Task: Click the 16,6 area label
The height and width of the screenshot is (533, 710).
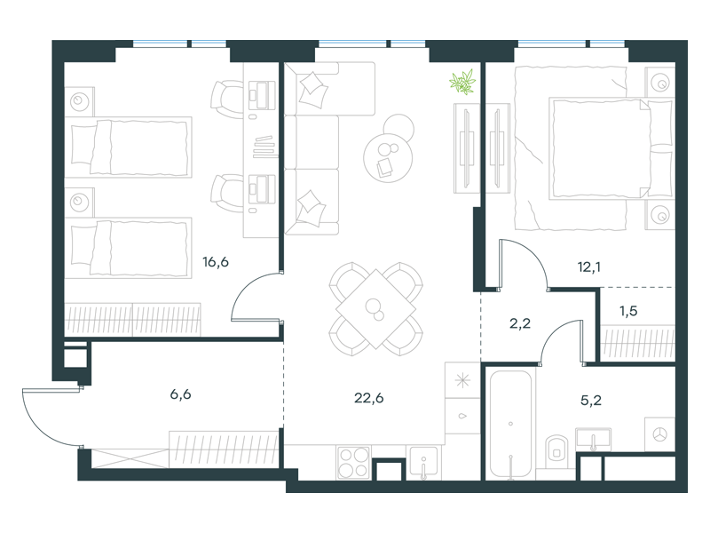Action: pyautogui.click(x=216, y=262)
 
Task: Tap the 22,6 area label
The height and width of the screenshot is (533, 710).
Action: pyautogui.click(x=368, y=398)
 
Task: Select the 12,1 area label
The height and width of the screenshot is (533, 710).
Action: pyautogui.click(x=589, y=267)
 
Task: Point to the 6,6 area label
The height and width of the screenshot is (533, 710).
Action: pyautogui.click(x=180, y=394)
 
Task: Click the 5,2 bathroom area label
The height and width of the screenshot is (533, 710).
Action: pyautogui.click(x=591, y=401)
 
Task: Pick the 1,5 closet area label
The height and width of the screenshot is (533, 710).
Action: pyautogui.click(x=628, y=311)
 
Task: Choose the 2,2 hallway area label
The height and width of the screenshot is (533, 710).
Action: pyautogui.click(x=520, y=323)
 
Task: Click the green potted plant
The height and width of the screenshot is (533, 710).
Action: pyautogui.click(x=462, y=82)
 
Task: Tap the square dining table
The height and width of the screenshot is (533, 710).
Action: pyautogui.click(x=375, y=309)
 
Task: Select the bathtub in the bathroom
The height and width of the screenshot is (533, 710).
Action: pyautogui.click(x=511, y=425)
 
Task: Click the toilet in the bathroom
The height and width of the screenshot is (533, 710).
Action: pyautogui.click(x=556, y=448)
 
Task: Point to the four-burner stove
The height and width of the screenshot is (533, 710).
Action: pyautogui.click(x=353, y=462)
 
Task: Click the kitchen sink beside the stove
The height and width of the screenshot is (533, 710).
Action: pyautogui.click(x=423, y=463)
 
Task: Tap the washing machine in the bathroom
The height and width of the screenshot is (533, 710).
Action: pyautogui.click(x=659, y=434)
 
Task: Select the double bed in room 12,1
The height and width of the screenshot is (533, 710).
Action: pyautogui.click(x=611, y=148)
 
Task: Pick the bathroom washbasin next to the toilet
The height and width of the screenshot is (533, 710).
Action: pyautogui.click(x=593, y=440)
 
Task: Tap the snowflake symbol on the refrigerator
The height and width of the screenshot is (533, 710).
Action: pyautogui.click(x=462, y=380)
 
